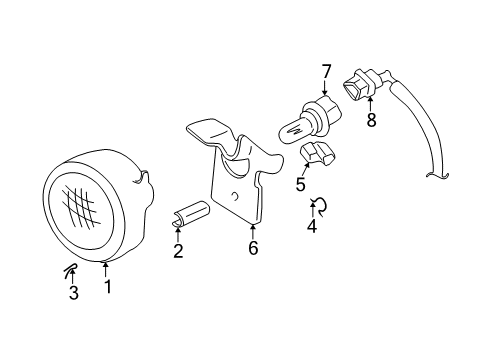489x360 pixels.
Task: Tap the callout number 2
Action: click(178, 251)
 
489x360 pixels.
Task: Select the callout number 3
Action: click(73, 292)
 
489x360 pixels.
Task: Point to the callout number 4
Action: click(311, 226)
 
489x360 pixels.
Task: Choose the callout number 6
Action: click(253, 248)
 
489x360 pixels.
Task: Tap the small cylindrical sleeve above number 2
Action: click(190, 214)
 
